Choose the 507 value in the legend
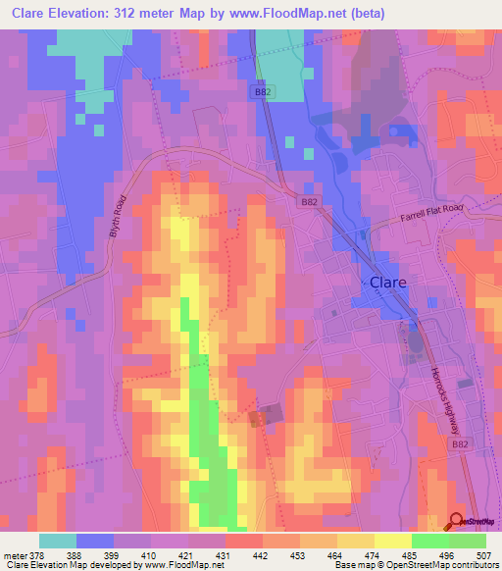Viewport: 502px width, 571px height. (x=485, y=554)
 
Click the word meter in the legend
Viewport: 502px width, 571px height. (x=15, y=554)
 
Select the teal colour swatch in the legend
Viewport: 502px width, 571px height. (x=58, y=541)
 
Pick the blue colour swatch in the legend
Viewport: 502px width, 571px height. (x=95, y=541)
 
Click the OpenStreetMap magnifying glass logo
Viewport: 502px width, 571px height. (x=457, y=522)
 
